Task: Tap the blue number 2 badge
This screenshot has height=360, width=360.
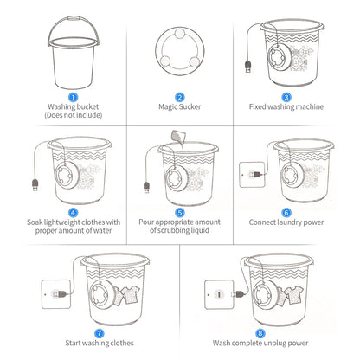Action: (x=180, y=97)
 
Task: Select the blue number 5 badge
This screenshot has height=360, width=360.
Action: (x=180, y=211)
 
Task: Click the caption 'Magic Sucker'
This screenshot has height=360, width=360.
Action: (x=180, y=107)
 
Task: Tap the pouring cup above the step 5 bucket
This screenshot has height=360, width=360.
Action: (x=177, y=137)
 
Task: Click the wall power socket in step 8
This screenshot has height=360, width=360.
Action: (x=218, y=293)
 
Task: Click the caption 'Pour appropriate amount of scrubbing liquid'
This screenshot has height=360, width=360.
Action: (x=180, y=226)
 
